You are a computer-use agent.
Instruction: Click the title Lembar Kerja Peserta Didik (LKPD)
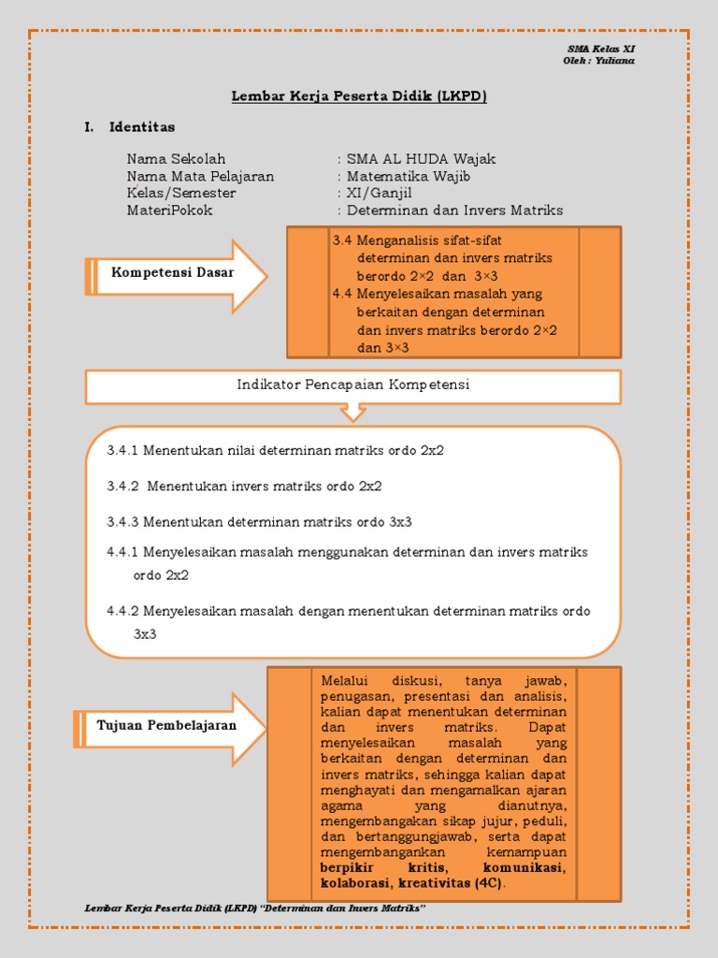[x=359, y=96]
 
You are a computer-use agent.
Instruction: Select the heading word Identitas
[x=141, y=126]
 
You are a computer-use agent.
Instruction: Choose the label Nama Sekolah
[x=176, y=159]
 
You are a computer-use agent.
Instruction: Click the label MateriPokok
[x=169, y=210]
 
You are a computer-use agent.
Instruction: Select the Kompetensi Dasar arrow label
[x=173, y=272]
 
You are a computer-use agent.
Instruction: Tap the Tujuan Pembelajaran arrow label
[x=166, y=725]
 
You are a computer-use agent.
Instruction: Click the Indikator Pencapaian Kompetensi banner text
[x=353, y=385]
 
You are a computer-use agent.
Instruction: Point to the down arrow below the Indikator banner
[x=354, y=413]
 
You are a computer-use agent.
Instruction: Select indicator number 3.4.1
[x=122, y=450]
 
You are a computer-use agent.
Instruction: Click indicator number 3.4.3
[x=122, y=521]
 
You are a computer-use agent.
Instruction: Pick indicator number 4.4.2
[x=122, y=611]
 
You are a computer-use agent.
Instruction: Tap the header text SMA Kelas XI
[x=601, y=50]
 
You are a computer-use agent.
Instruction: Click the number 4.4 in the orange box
[x=342, y=293]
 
